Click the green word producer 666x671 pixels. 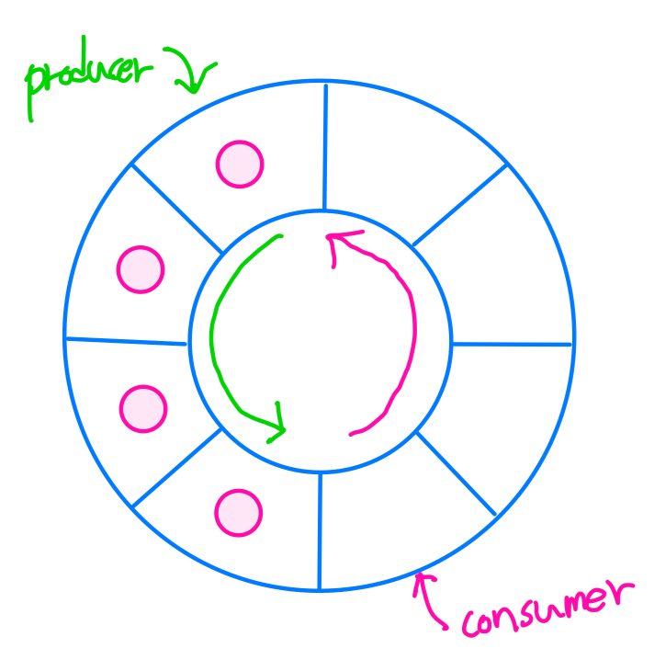click(87, 75)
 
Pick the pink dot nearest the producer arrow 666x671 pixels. click(240, 165)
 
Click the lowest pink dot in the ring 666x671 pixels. click(238, 511)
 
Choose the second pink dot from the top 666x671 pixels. click(140, 270)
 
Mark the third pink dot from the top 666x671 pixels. click(143, 407)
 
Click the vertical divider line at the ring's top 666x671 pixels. click(324, 147)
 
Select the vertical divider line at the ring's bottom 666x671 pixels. click(320, 530)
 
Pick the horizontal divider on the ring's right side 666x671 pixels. click(512, 345)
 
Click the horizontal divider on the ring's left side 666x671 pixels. click(127, 341)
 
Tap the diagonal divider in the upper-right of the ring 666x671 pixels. click(459, 205)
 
